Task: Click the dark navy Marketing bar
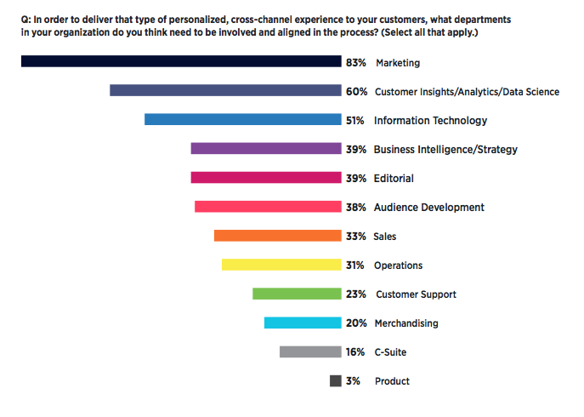coord(180,61)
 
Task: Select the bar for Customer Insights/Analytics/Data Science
coord(225,90)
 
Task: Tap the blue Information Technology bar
coord(242,120)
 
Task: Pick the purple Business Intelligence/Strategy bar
coord(265,149)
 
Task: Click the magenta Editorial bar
coord(265,178)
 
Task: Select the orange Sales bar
coord(277,236)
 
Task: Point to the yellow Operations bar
coord(281,265)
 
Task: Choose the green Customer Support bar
coord(296,294)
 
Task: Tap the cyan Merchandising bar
coord(302,323)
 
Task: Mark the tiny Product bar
coord(335,381)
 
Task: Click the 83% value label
coord(355,62)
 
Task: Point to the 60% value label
coord(355,91)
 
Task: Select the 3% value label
coord(353,381)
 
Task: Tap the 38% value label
coord(355,207)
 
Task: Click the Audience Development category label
coord(428,207)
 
